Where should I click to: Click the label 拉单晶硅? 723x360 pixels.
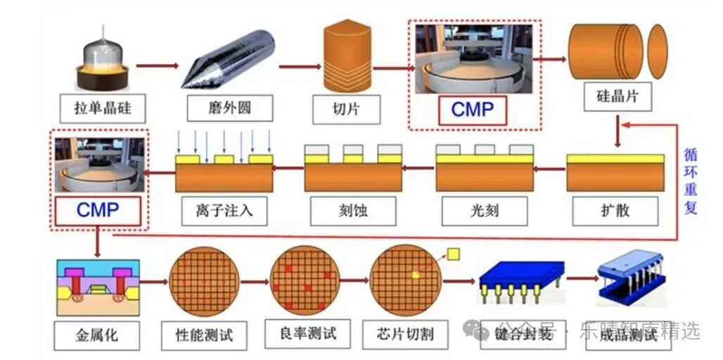[103, 108]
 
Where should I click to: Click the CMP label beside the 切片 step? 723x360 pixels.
[473, 110]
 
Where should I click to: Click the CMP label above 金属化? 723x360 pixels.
[98, 210]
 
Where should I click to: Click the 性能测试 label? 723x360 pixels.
[205, 334]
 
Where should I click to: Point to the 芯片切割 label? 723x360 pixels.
[407, 333]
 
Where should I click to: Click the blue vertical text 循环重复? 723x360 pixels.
[691, 181]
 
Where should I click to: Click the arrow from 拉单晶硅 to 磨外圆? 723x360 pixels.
[155, 66]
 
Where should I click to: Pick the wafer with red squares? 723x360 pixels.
[305, 281]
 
